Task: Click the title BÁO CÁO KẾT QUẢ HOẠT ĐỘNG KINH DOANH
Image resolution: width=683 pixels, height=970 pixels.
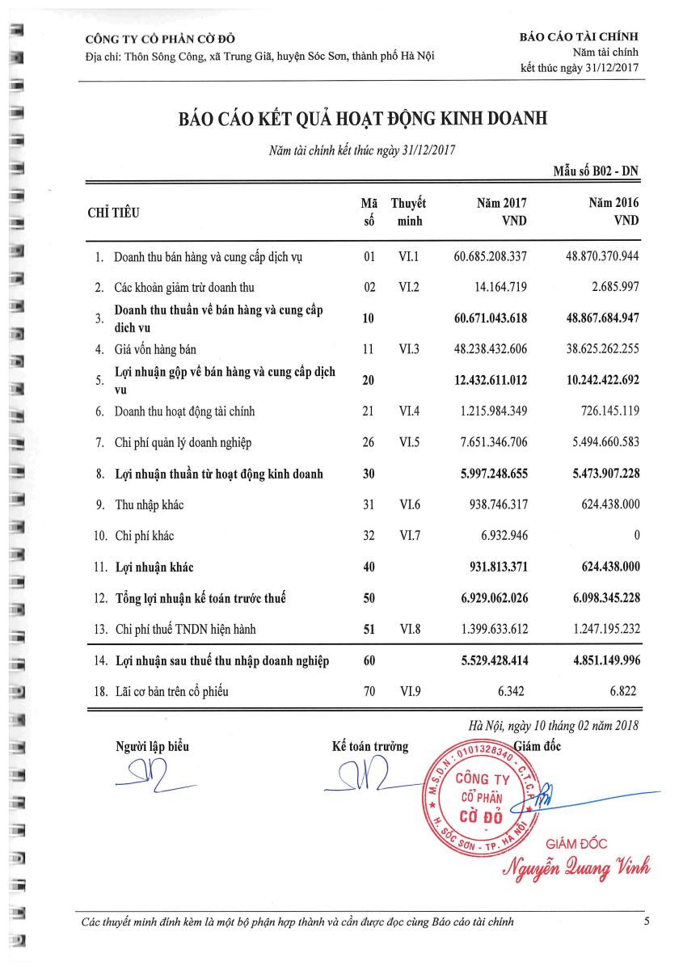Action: pyautogui.click(x=363, y=119)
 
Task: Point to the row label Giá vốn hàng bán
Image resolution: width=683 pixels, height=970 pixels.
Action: pyautogui.click(x=155, y=350)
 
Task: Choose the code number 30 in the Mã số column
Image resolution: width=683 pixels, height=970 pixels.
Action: pyautogui.click(x=369, y=474)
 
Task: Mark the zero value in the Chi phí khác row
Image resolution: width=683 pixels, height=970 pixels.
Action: pyautogui.click(x=636, y=536)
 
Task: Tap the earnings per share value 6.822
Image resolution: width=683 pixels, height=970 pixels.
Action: pyautogui.click(x=624, y=692)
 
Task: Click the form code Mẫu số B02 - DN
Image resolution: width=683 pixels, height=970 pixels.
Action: pyautogui.click(x=596, y=171)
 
